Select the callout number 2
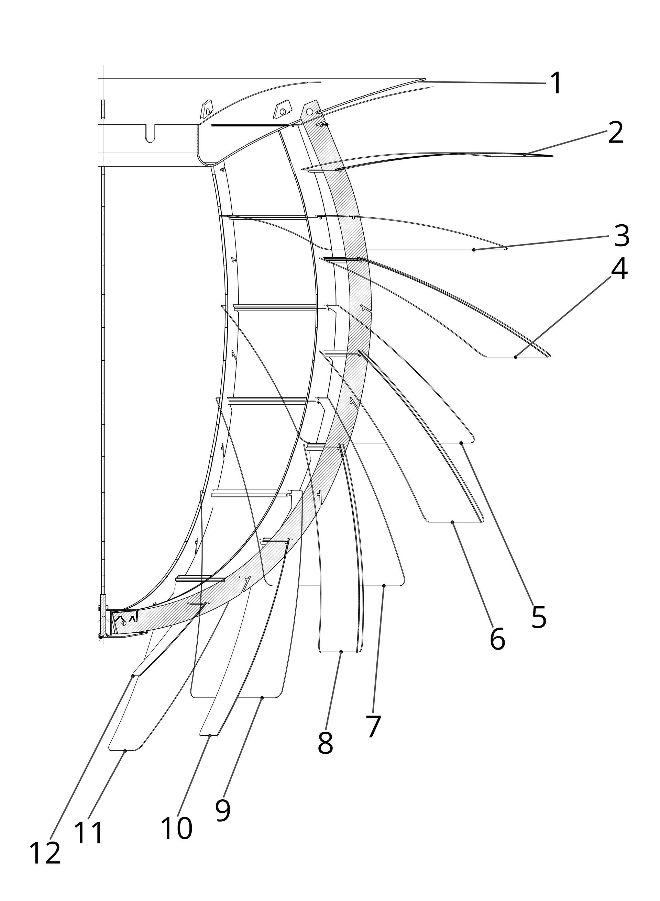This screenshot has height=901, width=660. click(x=616, y=133)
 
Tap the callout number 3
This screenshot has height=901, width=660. click(x=621, y=236)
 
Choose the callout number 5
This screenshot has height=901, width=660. click(x=539, y=617)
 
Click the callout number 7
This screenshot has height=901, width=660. click(x=373, y=727)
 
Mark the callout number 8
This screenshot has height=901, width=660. click(x=325, y=743)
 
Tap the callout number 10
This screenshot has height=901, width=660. click(x=177, y=828)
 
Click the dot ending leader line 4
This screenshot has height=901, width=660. click(x=515, y=357)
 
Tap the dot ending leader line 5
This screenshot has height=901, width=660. click(x=461, y=443)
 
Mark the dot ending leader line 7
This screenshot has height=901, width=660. click(x=384, y=586)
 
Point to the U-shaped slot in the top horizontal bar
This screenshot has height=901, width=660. click(x=150, y=134)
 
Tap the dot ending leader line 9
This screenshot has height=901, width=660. click(x=262, y=697)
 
